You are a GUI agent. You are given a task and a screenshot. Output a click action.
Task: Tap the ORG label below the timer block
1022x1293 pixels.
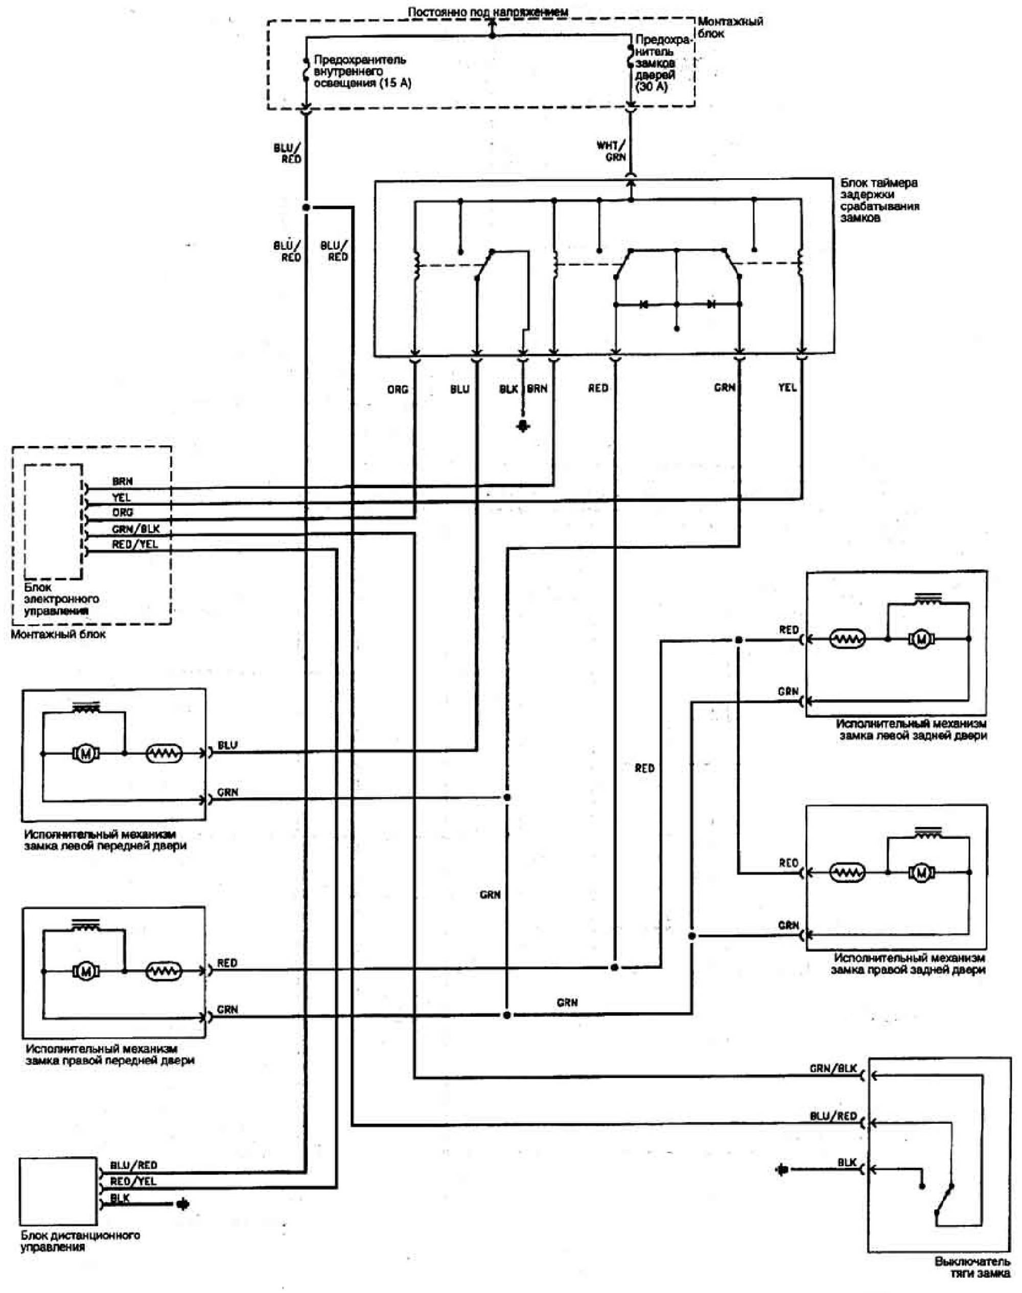(398, 389)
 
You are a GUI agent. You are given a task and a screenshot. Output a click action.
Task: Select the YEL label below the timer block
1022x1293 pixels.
(787, 388)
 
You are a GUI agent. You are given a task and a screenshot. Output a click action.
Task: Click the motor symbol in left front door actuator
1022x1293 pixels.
(85, 754)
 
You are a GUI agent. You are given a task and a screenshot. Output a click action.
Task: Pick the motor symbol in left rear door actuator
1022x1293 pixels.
(921, 639)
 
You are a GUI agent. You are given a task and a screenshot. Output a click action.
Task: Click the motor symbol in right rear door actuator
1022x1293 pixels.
(921, 873)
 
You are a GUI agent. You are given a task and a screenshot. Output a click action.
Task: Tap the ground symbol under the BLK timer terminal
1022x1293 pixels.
(524, 426)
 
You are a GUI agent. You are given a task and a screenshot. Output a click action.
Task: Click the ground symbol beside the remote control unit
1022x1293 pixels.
(182, 1203)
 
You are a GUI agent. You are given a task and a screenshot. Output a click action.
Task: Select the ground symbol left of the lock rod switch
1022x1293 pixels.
(781, 1169)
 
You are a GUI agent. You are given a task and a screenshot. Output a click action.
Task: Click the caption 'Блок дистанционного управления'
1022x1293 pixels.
(80, 1241)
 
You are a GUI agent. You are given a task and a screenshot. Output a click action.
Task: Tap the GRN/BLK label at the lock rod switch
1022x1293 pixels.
(833, 1068)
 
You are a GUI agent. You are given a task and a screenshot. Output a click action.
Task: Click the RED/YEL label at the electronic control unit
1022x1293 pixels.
(134, 545)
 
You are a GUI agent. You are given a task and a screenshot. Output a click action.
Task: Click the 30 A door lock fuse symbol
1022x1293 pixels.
(630, 57)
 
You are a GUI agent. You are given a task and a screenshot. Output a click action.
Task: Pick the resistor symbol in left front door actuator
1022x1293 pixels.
(164, 754)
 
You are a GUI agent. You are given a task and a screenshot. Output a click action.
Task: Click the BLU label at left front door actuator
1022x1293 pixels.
(227, 745)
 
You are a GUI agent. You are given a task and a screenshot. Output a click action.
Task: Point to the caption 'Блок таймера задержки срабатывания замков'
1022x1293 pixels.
(879, 200)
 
